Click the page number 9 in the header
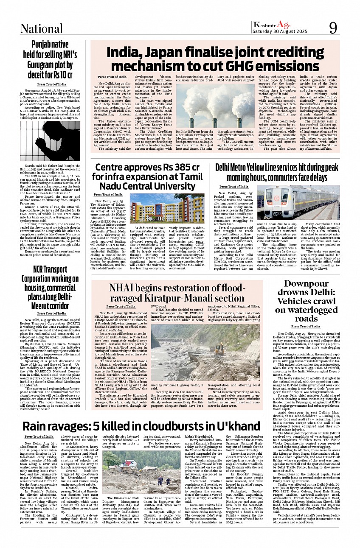[333, 28]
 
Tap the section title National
[42, 29]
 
